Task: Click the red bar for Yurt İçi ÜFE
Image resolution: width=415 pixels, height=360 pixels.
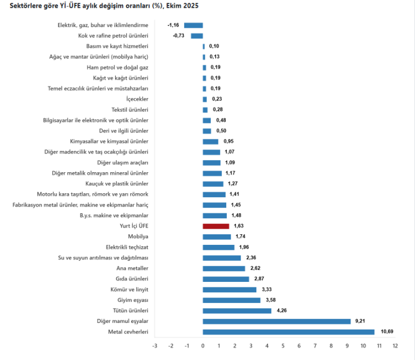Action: click(x=216, y=226)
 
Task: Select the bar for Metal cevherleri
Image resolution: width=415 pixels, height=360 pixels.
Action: click(x=288, y=332)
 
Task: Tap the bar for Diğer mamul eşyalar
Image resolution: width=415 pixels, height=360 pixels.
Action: click(x=277, y=321)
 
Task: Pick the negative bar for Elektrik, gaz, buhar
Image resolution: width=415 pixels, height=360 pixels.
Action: click(x=194, y=25)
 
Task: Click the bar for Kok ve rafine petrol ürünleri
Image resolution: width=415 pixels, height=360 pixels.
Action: click(x=197, y=35)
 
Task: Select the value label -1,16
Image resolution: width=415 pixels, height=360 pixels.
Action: click(x=174, y=25)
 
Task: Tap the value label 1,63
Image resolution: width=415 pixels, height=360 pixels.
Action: click(x=238, y=226)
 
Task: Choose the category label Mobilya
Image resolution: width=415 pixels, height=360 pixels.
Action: click(x=138, y=236)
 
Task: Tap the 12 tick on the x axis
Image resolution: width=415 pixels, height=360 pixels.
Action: click(x=395, y=346)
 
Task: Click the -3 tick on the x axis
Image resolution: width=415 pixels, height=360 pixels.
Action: click(x=155, y=346)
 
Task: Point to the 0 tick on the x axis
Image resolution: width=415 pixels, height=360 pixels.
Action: click(x=203, y=346)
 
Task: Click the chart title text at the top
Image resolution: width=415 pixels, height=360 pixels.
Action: click(x=105, y=6)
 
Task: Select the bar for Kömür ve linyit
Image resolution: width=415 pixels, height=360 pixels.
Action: click(x=230, y=290)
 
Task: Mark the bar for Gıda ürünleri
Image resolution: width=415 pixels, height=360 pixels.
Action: click(x=226, y=279)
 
